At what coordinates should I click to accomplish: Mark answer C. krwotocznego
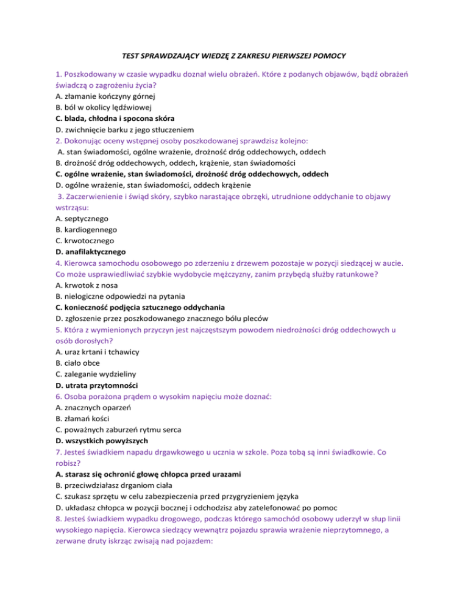click(x=83, y=240)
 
